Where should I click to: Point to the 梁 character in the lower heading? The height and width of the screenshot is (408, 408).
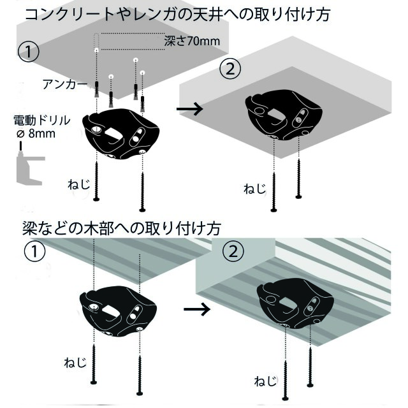(30, 228)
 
